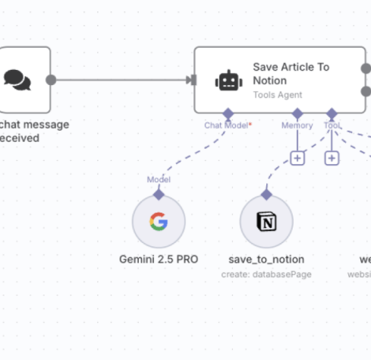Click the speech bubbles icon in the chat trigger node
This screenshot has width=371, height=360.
click(x=17, y=79)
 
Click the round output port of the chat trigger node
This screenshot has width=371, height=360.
click(x=51, y=79)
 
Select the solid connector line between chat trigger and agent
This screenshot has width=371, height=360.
click(x=121, y=79)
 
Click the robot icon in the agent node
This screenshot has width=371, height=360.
click(x=228, y=80)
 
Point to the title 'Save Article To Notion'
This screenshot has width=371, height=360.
click(x=291, y=73)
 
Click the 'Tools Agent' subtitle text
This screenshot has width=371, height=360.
click(x=278, y=95)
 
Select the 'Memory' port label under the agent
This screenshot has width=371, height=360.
click(x=297, y=125)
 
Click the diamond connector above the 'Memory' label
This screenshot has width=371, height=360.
click(x=297, y=113)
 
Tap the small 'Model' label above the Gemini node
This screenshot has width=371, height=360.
click(x=159, y=179)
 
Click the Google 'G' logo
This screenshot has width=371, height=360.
click(x=159, y=222)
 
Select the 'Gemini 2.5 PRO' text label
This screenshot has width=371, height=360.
click(x=159, y=259)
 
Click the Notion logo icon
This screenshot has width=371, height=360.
click(x=266, y=222)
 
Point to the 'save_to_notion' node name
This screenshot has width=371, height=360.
click(x=266, y=259)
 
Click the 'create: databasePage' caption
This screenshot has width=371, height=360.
click(x=266, y=273)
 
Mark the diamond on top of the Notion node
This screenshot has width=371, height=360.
click(x=266, y=194)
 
